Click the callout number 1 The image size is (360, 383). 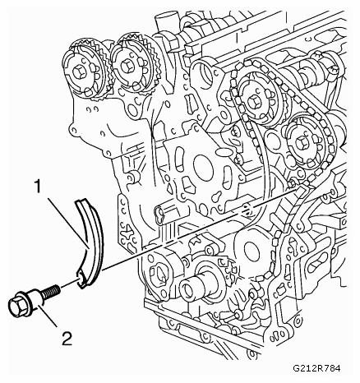(37, 187)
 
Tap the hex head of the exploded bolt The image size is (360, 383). (16, 307)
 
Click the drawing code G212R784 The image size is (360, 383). (316, 368)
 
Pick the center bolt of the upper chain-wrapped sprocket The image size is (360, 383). (253, 102)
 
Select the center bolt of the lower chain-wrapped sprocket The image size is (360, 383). (301, 143)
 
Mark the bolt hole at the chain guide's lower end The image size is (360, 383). (79, 279)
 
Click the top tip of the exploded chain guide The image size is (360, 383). (81, 200)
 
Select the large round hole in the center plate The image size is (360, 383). (203, 166)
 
